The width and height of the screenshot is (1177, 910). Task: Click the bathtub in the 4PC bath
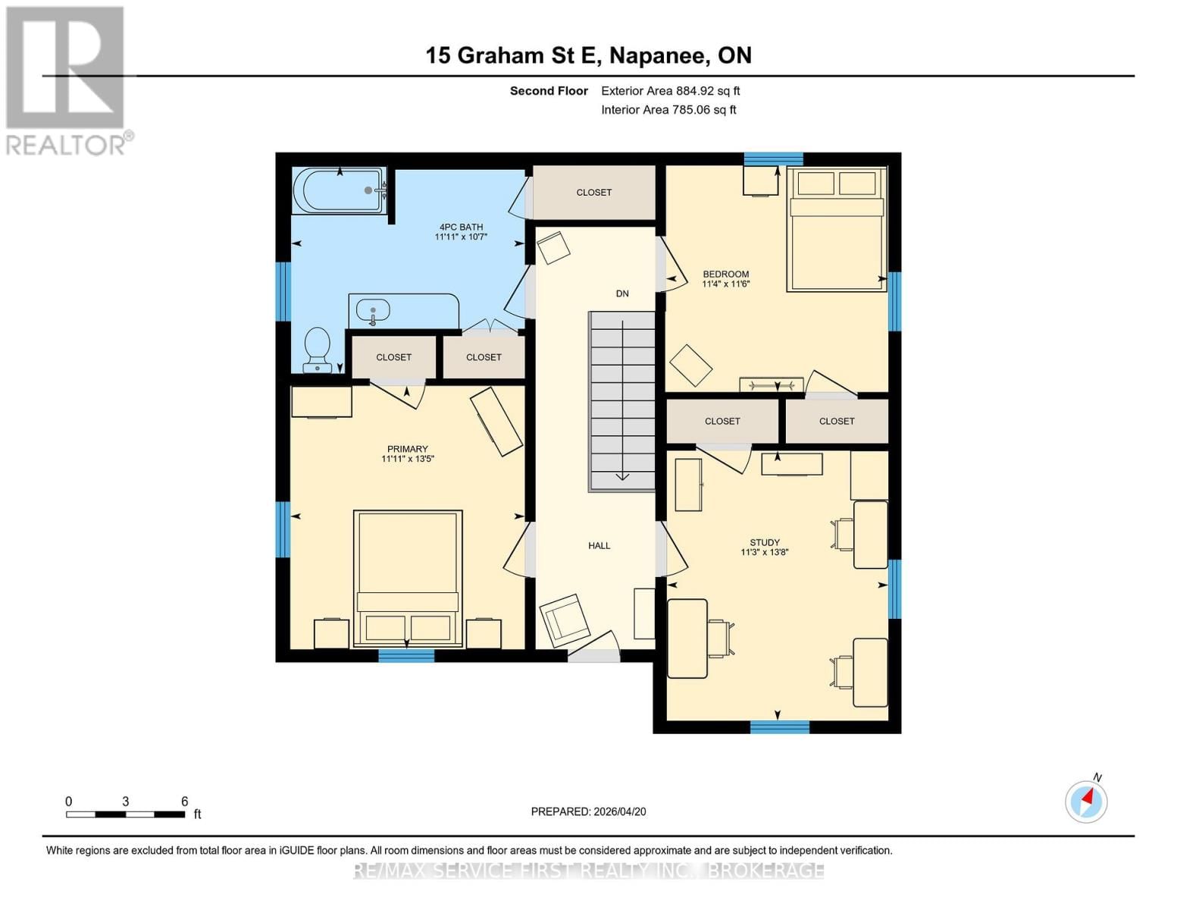[x=339, y=190]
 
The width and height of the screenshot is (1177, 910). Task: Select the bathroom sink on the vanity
[x=373, y=310]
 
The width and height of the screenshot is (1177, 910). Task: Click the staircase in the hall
[x=622, y=400]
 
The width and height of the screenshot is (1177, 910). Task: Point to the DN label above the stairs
[x=622, y=293]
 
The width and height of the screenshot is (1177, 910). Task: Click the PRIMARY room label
[x=408, y=449]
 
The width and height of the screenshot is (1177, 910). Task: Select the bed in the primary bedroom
[x=408, y=578]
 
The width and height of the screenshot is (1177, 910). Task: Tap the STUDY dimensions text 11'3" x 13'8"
[x=765, y=553]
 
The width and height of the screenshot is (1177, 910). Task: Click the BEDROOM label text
[x=725, y=275]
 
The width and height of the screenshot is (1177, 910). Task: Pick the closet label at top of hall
[x=594, y=193]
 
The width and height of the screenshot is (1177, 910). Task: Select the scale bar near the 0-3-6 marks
[x=126, y=814]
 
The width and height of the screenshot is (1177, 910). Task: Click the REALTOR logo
[x=66, y=80]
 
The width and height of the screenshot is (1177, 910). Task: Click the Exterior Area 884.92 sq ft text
[x=670, y=91]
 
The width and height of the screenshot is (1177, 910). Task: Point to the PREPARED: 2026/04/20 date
[x=588, y=811]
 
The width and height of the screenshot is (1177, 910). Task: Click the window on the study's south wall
[x=780, y=727]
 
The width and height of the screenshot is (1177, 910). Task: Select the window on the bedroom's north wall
[x=773, y=158]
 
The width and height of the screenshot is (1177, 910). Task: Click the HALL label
[x=599, y=546]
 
